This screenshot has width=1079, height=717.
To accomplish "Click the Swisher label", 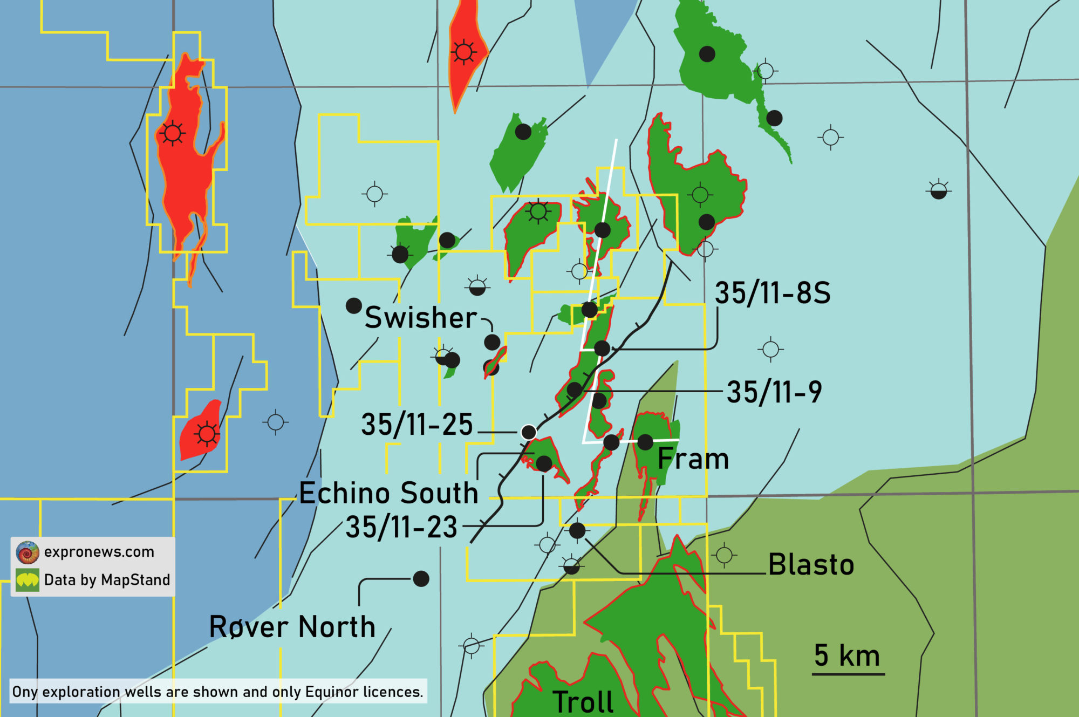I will coord(421,317).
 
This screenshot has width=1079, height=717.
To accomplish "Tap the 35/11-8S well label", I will coord(773,293).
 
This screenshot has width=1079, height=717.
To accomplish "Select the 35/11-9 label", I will coord(774,392).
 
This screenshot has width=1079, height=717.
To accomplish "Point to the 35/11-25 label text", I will coord(417,425).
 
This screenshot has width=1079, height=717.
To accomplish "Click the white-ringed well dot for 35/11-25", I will coord(529,432).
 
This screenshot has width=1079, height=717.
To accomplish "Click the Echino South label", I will coord(388,493).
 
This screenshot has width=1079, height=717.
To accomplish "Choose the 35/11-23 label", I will coord(401,527).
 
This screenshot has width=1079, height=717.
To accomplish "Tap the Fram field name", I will coord(693,459).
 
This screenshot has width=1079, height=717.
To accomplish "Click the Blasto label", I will coord(811,565).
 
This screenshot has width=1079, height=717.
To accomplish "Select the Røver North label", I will coord(292,627).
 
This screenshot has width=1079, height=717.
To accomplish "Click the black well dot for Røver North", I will coord(421,579).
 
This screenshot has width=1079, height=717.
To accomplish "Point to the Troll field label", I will coord(583,702).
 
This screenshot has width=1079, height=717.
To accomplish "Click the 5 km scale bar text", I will coord(847,655).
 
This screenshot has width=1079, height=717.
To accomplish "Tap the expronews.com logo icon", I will coord(28,552).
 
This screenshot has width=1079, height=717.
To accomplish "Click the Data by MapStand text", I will coord(107,580).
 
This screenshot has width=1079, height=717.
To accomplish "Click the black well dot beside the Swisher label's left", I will coord(353,306).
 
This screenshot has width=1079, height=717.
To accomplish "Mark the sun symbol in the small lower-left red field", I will coord(207,434).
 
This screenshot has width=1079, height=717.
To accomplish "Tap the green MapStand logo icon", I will coord(28,581).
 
